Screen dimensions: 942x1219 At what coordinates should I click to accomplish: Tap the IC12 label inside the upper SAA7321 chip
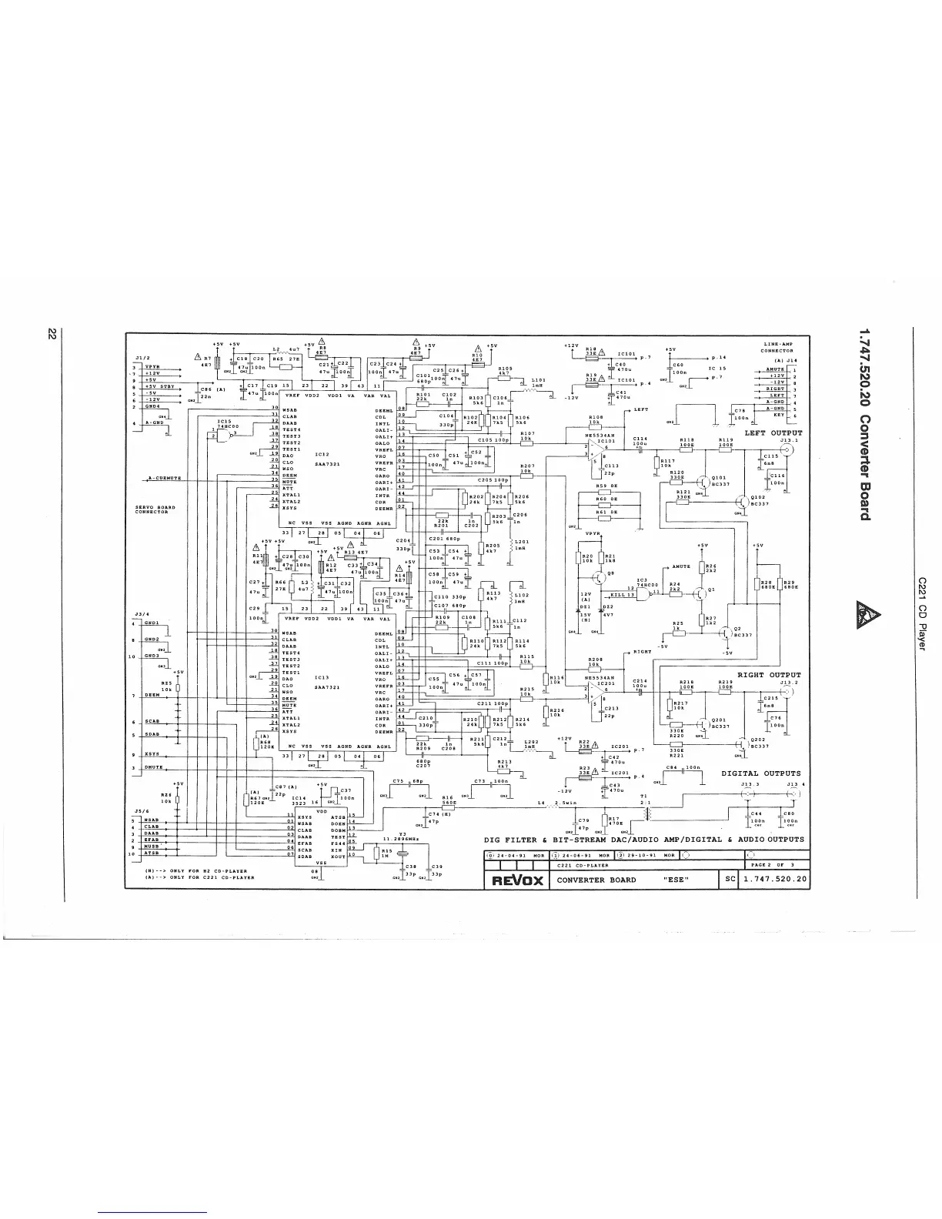pos(322,454)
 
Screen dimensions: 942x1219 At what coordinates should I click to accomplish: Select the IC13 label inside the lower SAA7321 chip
pos(322,677)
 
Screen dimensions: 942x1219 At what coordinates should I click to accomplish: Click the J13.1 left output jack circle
pos(789,452)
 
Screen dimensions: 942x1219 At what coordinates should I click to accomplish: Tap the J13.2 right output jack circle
pos(789,691)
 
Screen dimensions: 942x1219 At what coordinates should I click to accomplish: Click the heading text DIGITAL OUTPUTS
pos(760,773)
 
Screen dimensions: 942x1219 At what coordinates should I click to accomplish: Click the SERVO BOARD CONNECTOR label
pos(155,509)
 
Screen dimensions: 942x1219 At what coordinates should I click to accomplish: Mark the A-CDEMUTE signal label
pos(164,478)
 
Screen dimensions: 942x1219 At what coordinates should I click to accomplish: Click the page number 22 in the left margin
pos(52,334)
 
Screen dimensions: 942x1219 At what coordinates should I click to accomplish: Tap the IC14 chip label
pos(300,800)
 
